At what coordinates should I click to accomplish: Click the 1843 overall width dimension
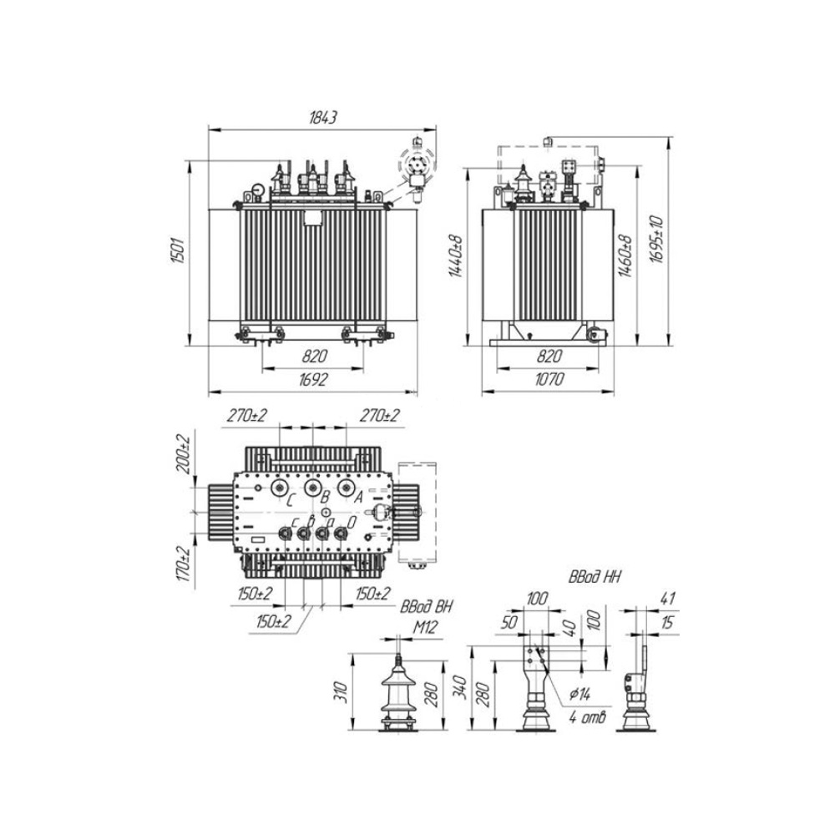pos(323,118)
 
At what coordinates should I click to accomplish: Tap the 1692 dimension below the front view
pos(312,380)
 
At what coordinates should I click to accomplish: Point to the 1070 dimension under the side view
pos(549,379)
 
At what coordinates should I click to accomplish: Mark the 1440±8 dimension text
pos(457,256)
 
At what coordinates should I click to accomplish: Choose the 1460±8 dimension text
pos(625,256)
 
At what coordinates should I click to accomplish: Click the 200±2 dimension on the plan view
pos(183,454)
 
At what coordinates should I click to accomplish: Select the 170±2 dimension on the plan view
pos(184,564)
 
